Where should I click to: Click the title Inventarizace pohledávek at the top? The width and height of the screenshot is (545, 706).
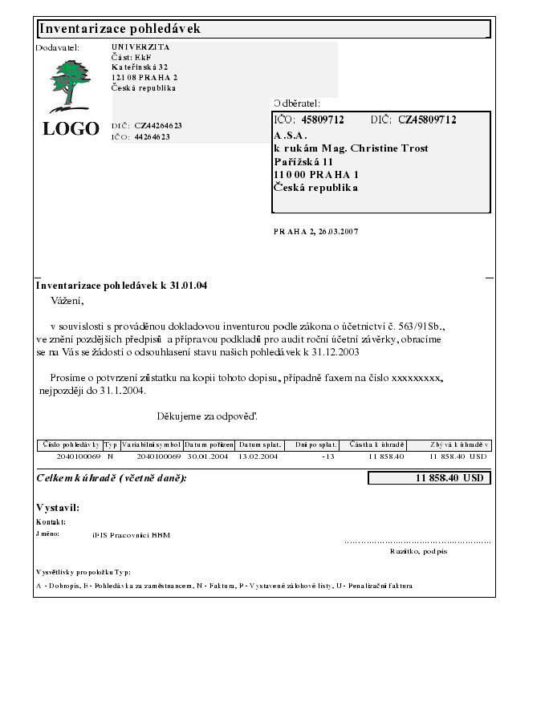tap(120, 29)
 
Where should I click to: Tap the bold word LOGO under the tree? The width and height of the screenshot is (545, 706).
tap(71, 129)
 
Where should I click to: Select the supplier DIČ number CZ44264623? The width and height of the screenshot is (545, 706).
tap(158, 126)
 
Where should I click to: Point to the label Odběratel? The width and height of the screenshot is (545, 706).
tap(297, 103)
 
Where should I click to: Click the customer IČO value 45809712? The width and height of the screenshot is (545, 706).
tap(323, 120)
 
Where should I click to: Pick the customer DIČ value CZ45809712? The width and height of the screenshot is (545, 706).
tap(427, 120)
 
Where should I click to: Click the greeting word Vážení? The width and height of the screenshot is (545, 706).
tap(67, 302)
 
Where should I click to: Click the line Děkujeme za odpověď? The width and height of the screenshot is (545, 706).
tap(207, 416)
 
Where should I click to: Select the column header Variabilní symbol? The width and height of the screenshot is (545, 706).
tap(151, 444)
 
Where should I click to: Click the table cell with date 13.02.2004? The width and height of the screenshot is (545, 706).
tap(258, 456)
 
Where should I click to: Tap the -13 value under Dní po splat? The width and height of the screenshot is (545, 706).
tap(327, 456)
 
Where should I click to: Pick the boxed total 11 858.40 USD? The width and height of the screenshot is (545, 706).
tap(429, 478)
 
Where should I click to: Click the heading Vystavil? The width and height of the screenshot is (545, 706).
tap(58, 508)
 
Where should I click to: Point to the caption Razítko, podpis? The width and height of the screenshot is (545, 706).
tap(418, 552)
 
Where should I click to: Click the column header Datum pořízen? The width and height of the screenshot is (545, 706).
tap(209, 444)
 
